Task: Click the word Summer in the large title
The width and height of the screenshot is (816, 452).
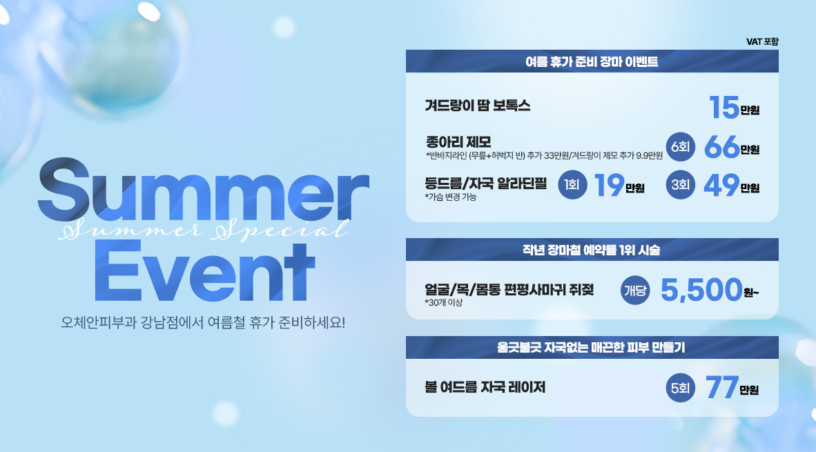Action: [204, 190]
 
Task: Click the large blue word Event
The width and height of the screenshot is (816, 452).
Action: [204, 271]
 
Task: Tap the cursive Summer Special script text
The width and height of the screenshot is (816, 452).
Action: [204, 229]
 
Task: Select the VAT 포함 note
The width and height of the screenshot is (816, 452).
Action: [762, 41]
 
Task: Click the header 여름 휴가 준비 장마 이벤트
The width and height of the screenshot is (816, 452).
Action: [592, 62]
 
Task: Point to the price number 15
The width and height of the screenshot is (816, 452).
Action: [724, 107]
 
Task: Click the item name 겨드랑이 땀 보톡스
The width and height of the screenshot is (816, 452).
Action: [477, 106]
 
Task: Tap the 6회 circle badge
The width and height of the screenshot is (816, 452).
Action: [680, 147]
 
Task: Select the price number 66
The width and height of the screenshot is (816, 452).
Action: [722, 147]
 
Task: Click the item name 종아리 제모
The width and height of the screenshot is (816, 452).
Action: [458, 141]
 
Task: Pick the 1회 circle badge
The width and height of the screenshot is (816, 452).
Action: [572, 185]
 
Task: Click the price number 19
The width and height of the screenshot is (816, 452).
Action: [609, 185]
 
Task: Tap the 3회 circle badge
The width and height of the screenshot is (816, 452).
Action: [680, 185]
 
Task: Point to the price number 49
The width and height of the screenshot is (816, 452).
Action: [722, 185]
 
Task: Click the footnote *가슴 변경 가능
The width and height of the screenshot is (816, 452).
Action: [451, 197]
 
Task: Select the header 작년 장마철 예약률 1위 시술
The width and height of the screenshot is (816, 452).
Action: [592, 250]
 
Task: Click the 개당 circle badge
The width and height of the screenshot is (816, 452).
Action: [635, 291]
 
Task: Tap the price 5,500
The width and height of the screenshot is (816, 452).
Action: [701, 290]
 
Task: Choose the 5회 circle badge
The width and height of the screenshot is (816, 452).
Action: [680, 388]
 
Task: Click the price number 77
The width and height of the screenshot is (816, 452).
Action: [722, 388]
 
